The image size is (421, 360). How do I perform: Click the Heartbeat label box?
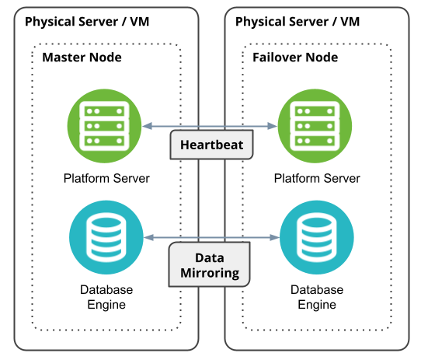(211, 145)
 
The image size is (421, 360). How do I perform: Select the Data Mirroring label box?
(210, 264)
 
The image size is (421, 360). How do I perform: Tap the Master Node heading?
(82, 58)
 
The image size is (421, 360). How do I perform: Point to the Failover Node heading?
(295, 58)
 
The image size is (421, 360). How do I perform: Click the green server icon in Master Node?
(104, 126)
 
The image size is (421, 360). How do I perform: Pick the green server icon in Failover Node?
(315, 126)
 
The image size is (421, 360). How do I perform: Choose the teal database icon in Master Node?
(106, 237)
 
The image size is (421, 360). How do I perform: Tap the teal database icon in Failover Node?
(317, 237)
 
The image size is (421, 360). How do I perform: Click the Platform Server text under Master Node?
(106, 178)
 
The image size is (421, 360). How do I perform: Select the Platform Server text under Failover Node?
(317, 178)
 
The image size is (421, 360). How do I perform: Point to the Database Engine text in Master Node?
(106, 297)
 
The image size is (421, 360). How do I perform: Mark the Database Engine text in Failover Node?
(317, 297)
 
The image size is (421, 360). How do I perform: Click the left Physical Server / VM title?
(87, 22)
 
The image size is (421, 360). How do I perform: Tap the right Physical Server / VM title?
(297, 22)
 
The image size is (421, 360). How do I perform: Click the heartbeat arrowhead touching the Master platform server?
(147, 126)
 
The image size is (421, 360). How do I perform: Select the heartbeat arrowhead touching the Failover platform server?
(273, 126)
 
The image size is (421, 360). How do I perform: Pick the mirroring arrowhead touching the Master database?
(148, 237)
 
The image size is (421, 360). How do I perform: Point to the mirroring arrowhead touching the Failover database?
(274, 237)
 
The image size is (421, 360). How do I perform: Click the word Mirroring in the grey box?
(210, 273)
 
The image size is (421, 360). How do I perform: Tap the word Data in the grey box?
(210, 258)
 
